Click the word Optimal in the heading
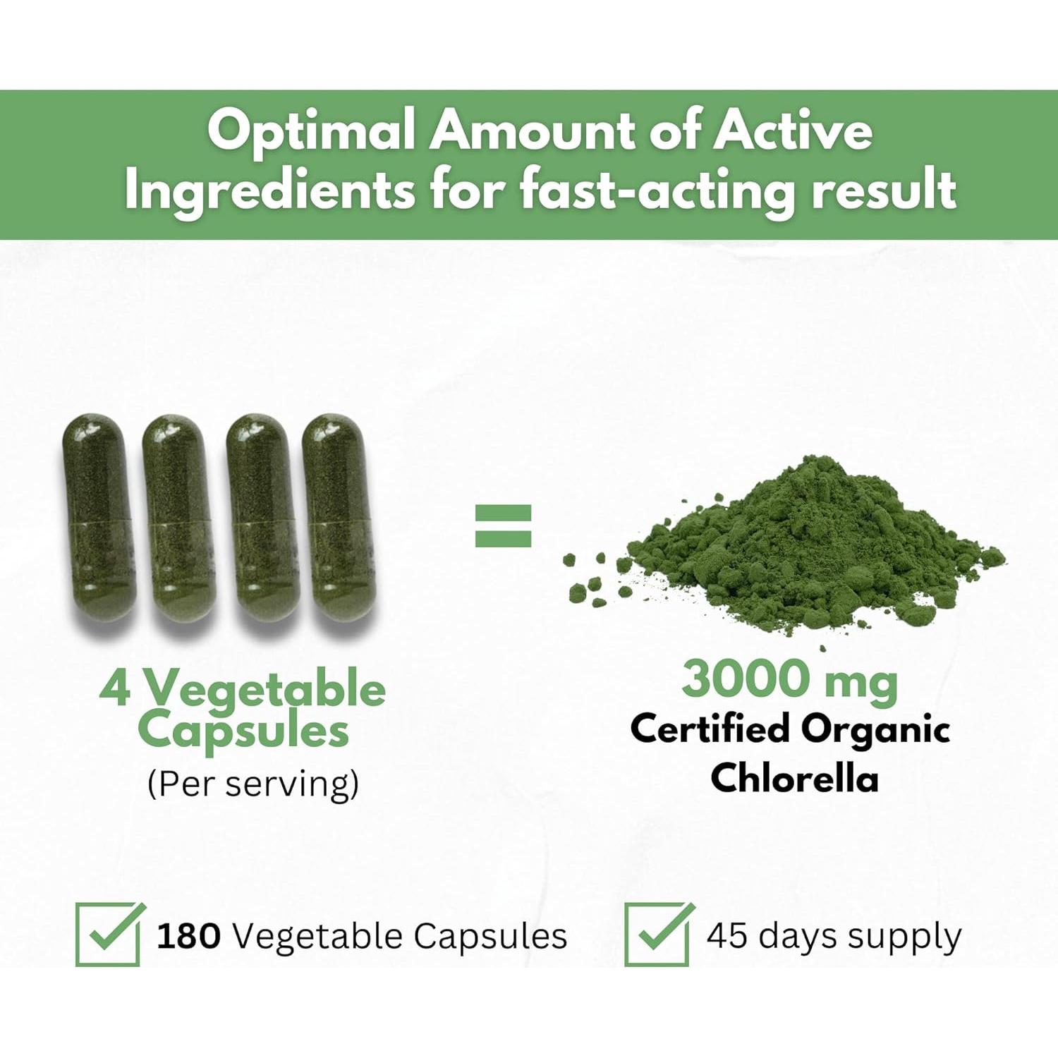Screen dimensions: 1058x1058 click(x=310, y=132)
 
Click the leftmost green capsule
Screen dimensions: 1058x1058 click(x=99, y=518)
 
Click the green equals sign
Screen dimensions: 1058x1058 click(x=503, y=525)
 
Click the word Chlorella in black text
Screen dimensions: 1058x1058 click(x=794, y=778)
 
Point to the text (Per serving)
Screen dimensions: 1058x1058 click(x=253, y=784)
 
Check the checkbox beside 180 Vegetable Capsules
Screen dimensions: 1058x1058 click(x=108, y=935)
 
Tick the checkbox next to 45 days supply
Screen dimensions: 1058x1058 click(x=657, y=935)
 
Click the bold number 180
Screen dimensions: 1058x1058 click(x=188, y=937)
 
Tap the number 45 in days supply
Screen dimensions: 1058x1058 click(x=726, y=935)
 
